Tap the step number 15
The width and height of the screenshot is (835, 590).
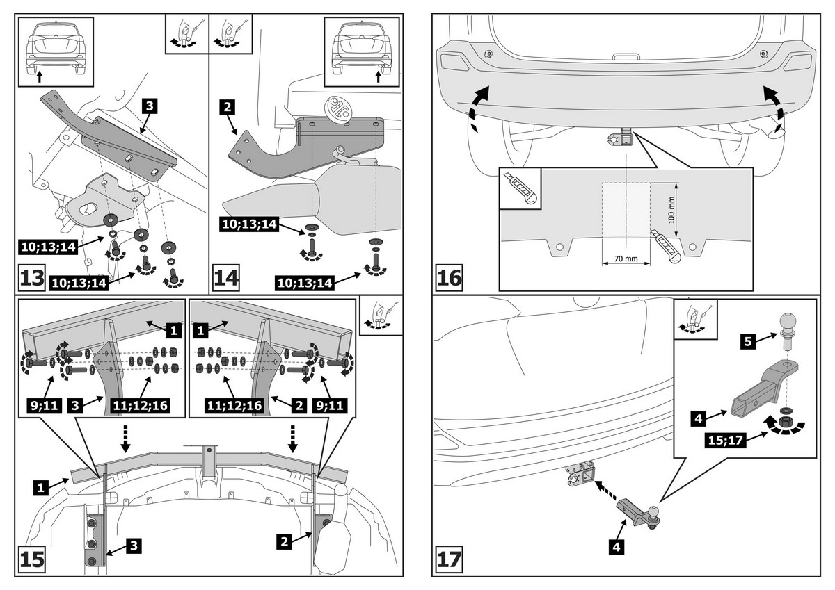31,560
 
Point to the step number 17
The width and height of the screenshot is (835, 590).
450,559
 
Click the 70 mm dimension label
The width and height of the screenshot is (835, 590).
626,259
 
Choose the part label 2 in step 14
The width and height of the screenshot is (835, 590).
228,107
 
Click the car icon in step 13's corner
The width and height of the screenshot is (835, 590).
55,48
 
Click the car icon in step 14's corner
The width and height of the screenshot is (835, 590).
363,48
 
